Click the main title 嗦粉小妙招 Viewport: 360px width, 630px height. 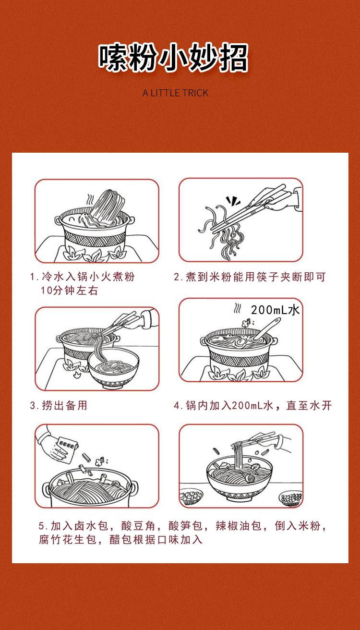point(173,57)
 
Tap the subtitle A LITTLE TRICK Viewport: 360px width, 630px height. point(176,93)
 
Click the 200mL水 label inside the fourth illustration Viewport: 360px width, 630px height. point(275,310)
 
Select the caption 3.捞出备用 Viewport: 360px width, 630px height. point(59,405)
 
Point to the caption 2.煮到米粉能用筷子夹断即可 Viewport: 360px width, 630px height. point(250,277)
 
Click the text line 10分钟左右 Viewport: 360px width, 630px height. point(70,290)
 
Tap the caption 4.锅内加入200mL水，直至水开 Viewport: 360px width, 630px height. point(253,405)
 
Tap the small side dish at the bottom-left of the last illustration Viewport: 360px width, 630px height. point(191,497)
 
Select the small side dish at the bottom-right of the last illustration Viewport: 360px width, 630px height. point(291,498)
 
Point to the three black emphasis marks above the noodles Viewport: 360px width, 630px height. point(233,200)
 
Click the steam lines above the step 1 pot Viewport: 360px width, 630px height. point(90,199)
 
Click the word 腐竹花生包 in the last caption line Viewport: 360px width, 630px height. point(68,539)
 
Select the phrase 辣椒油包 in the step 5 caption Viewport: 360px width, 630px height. point(239,525)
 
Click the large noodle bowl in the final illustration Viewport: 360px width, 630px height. point(240,480)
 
